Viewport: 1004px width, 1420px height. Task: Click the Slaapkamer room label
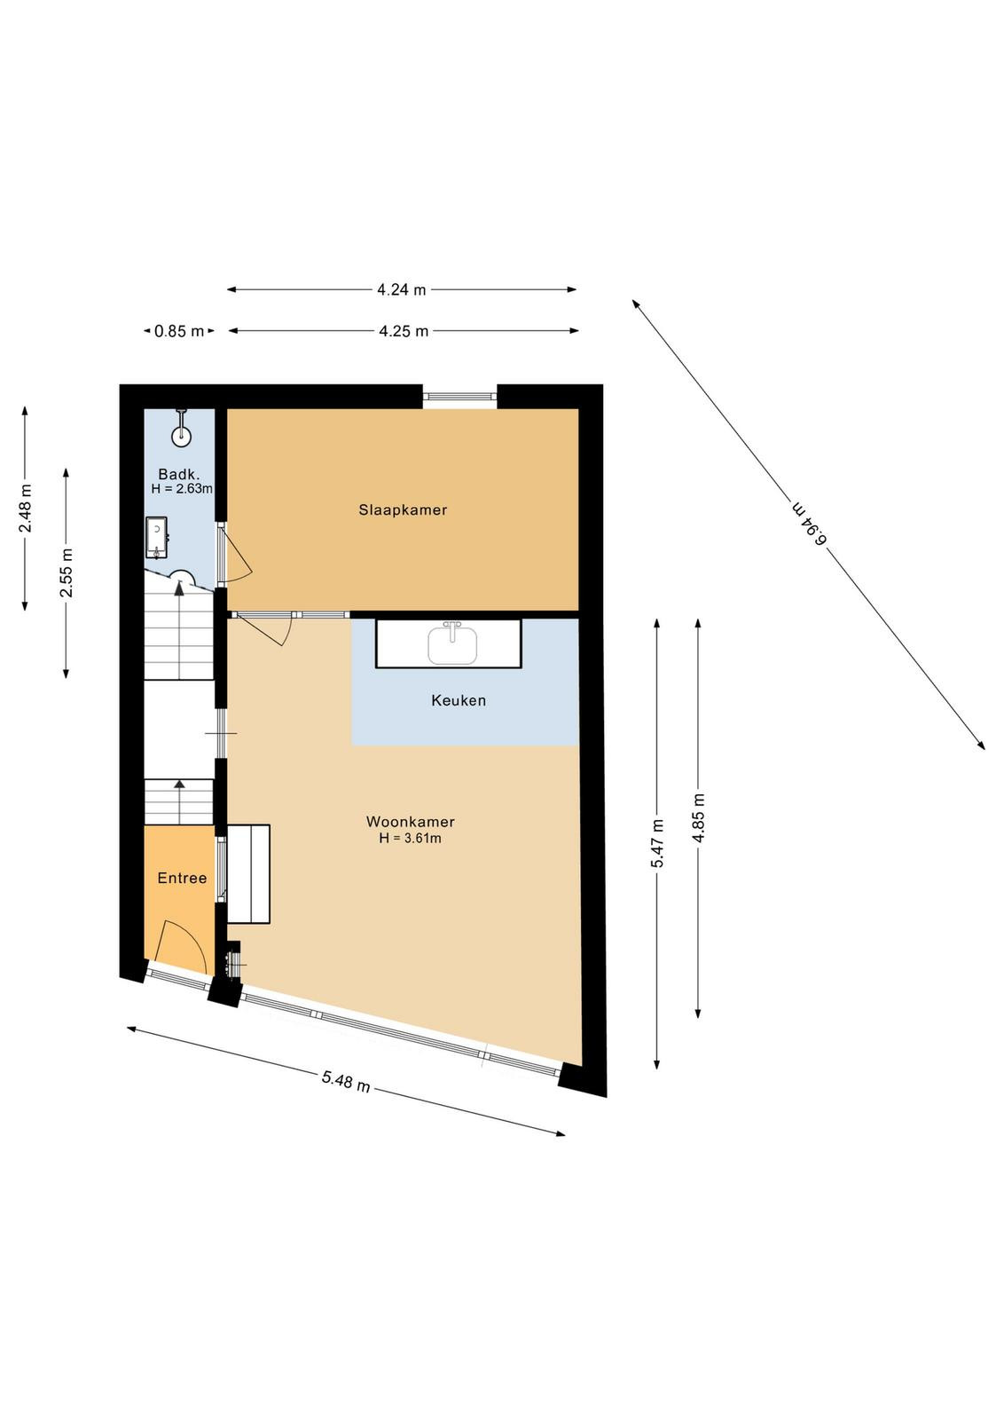coord(403,509)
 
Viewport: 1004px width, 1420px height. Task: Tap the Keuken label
coord(459,700)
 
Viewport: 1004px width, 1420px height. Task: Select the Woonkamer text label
coord(411,822)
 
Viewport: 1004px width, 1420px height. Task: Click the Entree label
coord(183,878)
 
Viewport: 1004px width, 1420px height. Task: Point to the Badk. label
coord(179,474)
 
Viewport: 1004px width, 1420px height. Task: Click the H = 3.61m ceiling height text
coord(411,838)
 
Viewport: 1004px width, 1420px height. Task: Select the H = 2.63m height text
coord(182,489)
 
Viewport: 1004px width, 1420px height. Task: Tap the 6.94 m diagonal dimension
coord(810,523)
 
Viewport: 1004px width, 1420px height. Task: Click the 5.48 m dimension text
coord(346,1081)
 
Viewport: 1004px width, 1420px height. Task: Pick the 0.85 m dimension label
coord(179,331)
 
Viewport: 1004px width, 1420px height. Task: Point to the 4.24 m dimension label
coord(402,290)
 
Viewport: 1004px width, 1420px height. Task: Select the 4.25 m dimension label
coord(404,331)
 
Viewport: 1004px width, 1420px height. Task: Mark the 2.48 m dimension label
coord(26,509)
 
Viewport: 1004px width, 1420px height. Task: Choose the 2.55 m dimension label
coord(67,572)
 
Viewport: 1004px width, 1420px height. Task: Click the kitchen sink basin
coord(452,646)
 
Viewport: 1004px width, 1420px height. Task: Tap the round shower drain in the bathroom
coord(182,435)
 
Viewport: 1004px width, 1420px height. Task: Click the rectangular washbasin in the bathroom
coord(156,538)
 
